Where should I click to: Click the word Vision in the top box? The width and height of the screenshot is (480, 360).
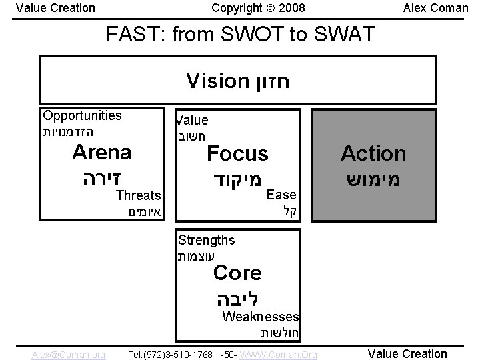pos(217,82)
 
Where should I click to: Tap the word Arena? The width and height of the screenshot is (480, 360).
pos(101,152)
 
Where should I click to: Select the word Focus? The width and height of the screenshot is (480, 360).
pos(237,154)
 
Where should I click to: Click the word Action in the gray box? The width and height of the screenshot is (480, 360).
pos(373,153)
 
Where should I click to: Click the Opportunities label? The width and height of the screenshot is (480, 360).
pos(82,115)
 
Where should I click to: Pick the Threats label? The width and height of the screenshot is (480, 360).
pos(138,195)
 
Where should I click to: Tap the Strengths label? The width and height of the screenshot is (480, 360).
pos(206,240)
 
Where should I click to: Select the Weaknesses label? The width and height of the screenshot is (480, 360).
pos(260,317)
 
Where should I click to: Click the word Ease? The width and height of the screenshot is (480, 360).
pos(281,195)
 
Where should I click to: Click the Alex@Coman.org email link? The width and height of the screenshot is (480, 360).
pos(68,355)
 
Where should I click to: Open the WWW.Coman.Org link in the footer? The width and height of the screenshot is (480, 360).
pos(278,355)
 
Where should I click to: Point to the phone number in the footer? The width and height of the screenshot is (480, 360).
pos(170,355)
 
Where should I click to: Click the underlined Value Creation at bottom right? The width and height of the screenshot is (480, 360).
pos(407,354)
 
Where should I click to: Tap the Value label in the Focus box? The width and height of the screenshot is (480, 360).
pos(192,121)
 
